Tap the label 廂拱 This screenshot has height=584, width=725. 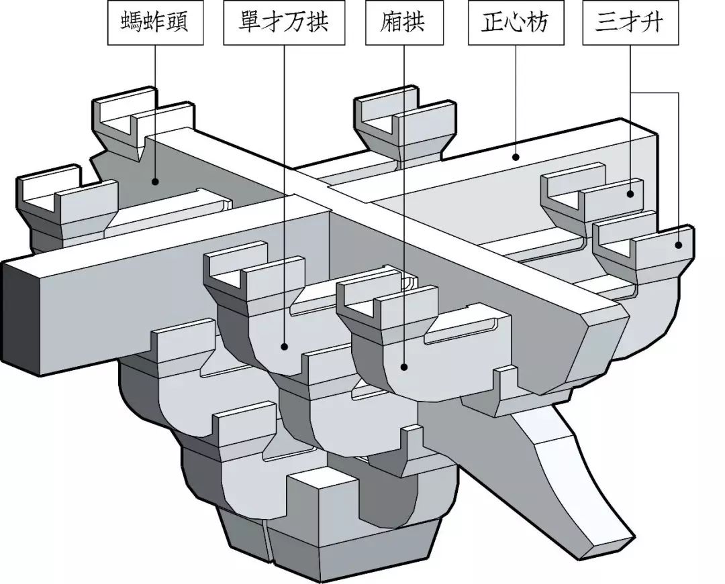pos(404,23)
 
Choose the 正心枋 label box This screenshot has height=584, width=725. pos(516,23)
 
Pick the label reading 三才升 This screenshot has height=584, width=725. pos(630,23)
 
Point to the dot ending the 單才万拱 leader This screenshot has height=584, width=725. pos(285,347)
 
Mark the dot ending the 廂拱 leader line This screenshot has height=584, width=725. pos(404,367)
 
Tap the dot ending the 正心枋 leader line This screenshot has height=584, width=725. pos(516,158)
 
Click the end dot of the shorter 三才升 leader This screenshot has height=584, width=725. pos(630,194)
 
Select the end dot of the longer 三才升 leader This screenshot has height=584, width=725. pos(679,245)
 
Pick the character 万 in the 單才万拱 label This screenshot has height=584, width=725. pos(296,23)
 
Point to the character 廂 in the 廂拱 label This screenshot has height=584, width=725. pos(392,23)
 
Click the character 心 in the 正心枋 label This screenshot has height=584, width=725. pos(516,23)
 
